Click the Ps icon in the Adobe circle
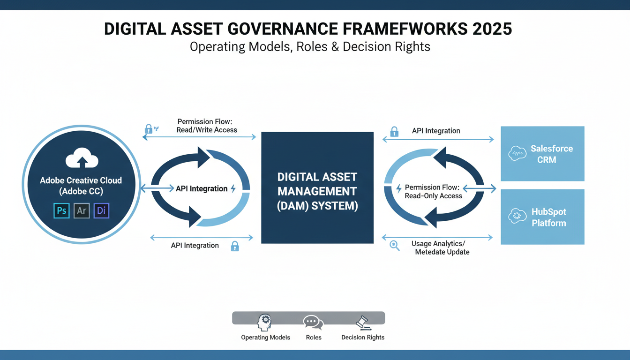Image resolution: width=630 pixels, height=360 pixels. (61, 210)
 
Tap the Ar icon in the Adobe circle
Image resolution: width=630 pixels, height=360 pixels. (82, 210)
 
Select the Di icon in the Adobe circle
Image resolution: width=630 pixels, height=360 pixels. (101, 210)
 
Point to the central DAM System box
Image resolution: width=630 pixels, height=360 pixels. (317, 187)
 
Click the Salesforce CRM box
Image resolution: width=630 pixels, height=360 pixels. (542, 154)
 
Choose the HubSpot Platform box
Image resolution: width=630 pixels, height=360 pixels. (542, 217)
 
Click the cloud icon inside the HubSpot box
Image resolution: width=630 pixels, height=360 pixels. (517, 216)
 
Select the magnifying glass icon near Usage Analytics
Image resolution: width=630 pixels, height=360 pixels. (395, 245)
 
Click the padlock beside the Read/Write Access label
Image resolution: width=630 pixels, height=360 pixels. (149, 128)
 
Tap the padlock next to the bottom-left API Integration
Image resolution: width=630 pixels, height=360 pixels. (235, 246)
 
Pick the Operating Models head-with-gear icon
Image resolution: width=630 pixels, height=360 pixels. (264, 322)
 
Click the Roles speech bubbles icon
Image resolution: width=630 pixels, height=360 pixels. (313, 322)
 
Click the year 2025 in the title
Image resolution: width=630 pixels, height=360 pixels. (492, 29)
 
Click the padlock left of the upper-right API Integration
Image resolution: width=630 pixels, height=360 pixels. (394, 131)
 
